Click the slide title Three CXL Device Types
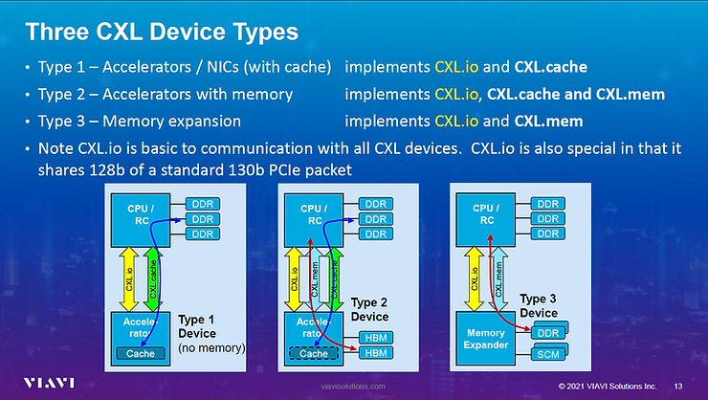coord(160,32)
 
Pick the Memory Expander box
coord(488,336)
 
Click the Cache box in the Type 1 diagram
coord(142,354)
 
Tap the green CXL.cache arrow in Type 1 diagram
coord(154,278)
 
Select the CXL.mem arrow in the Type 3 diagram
coord(498,278)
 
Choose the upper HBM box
coord(374,337)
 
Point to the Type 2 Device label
coord(370,309)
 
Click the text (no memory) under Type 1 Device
coord(211,348)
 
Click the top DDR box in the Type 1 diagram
coord(202,204)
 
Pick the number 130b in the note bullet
coord(235,168)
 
